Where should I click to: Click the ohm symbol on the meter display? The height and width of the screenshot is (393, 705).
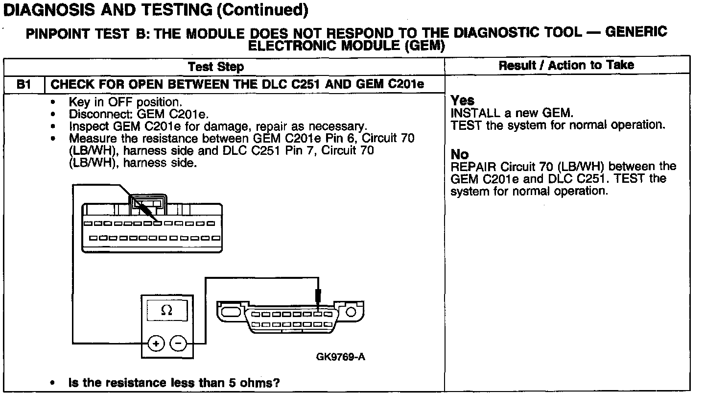coord(166,310)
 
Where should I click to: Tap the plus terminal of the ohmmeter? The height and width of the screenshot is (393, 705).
coord(155,344)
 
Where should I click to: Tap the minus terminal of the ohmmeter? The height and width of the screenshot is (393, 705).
coord(178,344)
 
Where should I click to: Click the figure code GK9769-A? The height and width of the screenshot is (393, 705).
coord(341,356)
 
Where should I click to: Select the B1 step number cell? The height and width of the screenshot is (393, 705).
coord(24,84)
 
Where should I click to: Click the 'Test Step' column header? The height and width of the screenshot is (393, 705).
coord(216,66)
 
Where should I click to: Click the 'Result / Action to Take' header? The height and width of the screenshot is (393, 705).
coord(566,65)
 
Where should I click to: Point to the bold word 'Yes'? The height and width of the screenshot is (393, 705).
coord(462,100)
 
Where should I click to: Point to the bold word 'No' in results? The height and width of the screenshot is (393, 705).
coord(459,155)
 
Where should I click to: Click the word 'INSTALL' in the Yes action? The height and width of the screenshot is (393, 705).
coord(471,113)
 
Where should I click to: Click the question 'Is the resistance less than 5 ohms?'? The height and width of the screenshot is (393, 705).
coord(177,382)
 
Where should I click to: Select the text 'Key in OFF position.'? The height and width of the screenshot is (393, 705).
coord(125,102)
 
